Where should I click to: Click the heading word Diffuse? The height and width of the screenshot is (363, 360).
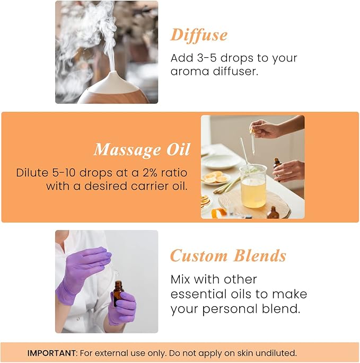point(199,35)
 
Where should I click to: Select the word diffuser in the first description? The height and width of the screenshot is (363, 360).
point(234,70)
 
